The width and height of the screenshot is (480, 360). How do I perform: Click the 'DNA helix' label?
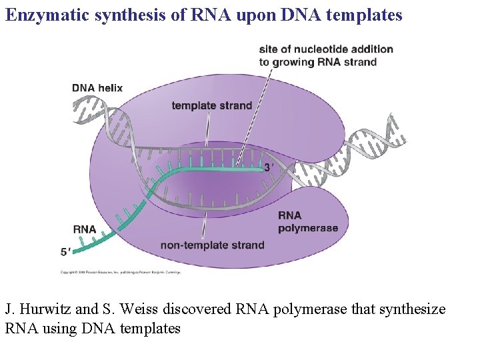tap(97, 88)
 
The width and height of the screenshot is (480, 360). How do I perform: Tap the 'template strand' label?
tap(211, 105)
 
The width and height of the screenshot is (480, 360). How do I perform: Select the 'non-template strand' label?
tap(212, 245)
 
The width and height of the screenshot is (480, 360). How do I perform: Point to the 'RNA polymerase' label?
tap(307, 221)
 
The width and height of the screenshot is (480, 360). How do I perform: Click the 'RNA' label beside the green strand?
tap(85, 229)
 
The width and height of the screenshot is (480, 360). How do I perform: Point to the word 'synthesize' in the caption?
tap(414, 310)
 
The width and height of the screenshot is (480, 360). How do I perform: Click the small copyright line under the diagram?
tap(120, 272)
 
